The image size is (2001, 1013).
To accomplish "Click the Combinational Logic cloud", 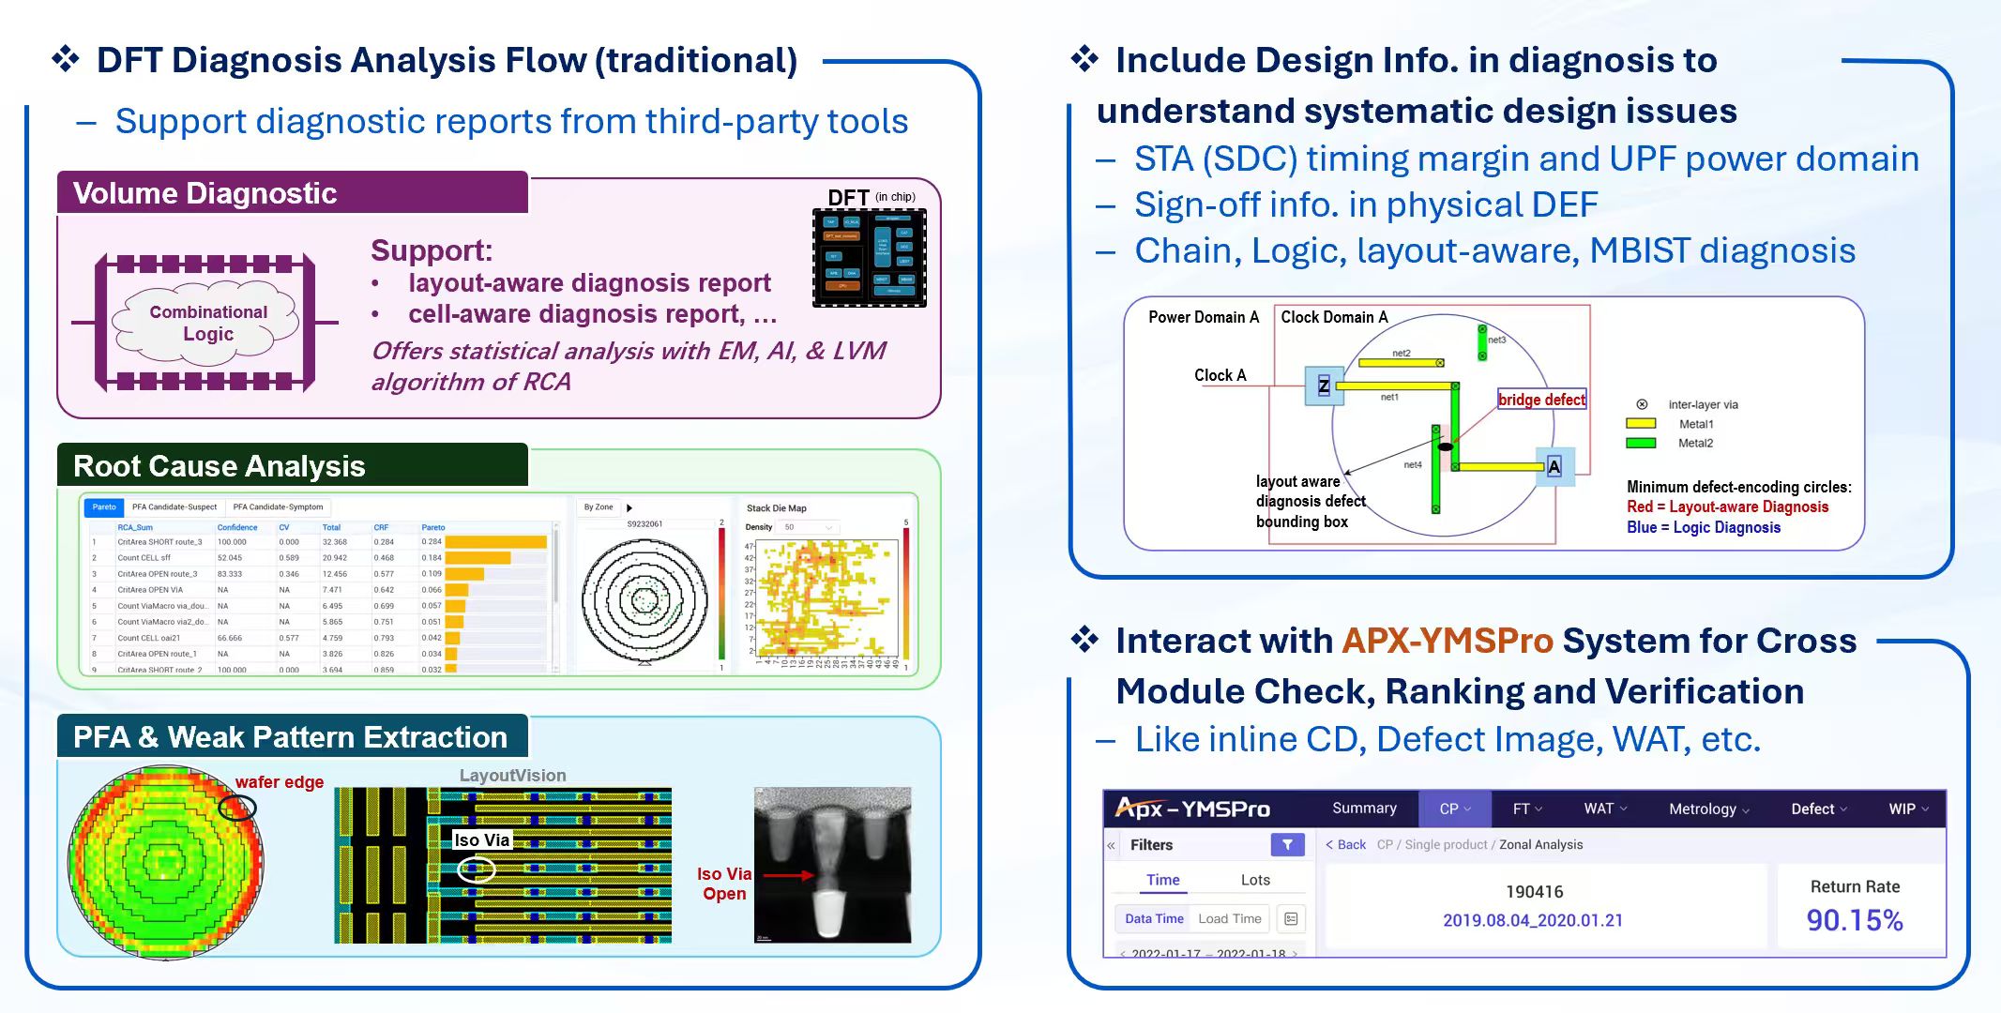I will (x=207, y=323).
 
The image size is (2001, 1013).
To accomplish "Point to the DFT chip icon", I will (x=869, y=258).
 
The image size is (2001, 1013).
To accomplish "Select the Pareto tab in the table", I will (x=104, y=507).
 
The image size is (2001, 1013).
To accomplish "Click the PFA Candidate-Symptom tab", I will (x=278, y=507).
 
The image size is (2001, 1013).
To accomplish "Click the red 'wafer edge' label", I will (x=280, y=782).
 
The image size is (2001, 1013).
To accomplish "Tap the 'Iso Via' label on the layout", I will (x=482, y=840).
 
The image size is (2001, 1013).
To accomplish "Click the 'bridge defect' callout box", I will (x=1541, y=400).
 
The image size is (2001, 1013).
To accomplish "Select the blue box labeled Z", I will (x=1324, y=386).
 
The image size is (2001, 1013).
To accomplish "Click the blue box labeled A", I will (x=1554, y=467).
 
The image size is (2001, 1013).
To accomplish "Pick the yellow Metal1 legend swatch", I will (x=1641, y=424).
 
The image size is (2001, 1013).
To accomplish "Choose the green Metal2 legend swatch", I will (x=1641, y=444).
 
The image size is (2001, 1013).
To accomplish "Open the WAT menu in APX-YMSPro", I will (x=1605, y=809).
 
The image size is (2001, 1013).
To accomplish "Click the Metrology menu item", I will (x=1708, y=809).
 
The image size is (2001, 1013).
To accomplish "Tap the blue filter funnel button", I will (x=1287, y=845).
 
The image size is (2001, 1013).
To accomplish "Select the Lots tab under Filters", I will (x=1255, y=880).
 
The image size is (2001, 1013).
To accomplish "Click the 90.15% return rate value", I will (x=1855, y=920).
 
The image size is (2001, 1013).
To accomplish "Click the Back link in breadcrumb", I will (x=1346, y=845).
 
